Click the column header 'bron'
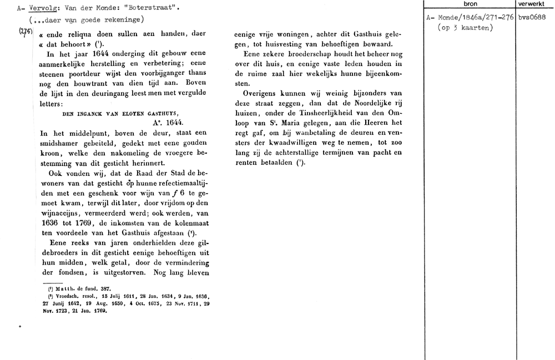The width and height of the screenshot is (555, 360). pos(470,4)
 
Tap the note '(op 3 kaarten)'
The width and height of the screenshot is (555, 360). pos(465,28)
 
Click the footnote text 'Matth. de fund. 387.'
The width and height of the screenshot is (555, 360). pos(81,290)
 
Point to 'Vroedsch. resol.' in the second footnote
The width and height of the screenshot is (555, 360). pos(70,297)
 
